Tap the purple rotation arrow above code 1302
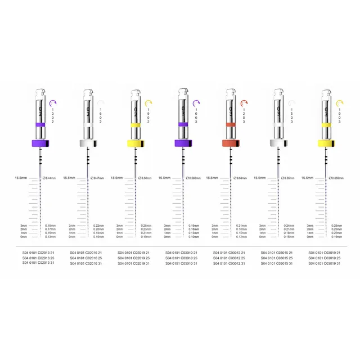point(53,103)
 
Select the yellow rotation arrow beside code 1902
point(148,103)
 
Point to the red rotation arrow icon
point(244,103)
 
